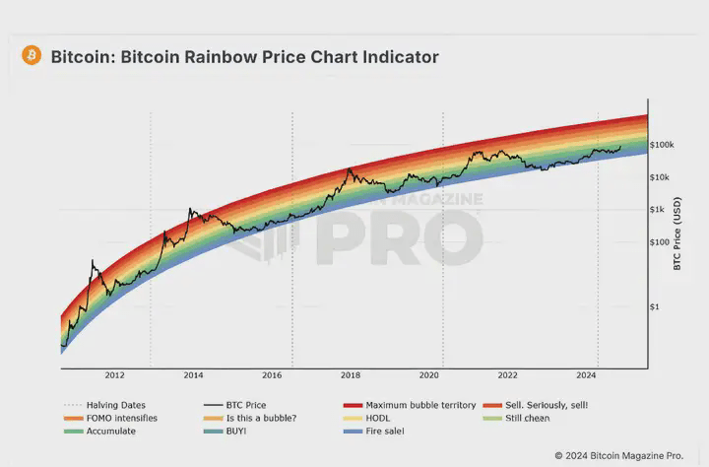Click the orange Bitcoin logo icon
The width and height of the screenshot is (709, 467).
click(32, 56)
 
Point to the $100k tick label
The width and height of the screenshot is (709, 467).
click(662, 145)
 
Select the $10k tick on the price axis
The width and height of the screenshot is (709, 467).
click(660, 177)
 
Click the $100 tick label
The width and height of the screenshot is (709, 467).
click(659, 242)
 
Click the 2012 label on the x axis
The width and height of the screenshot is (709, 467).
click(114, 375)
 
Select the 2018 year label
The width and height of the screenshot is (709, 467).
click(350, 375)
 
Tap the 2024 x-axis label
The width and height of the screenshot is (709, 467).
click(586, 375)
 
